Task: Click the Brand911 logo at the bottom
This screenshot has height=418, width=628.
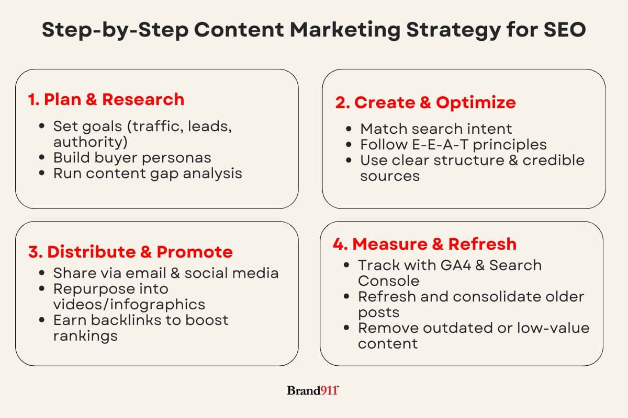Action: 313,390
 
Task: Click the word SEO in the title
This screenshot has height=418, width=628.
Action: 565,29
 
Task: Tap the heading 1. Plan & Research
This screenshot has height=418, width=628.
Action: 106,99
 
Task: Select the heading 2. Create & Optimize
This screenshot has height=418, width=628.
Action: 425,103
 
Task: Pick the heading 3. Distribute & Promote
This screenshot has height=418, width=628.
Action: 130,252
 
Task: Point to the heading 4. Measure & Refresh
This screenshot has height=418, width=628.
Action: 425,244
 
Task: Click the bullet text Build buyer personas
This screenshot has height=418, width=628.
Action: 132,158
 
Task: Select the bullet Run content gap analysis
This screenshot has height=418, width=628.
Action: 148,173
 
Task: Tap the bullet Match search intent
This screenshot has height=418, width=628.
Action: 436,129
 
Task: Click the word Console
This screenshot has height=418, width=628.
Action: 388,281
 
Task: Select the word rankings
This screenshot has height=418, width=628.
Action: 85,336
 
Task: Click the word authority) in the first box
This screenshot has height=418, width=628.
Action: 90,142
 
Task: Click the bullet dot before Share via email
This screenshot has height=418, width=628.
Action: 42,272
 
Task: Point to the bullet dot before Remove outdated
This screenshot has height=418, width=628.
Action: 346,327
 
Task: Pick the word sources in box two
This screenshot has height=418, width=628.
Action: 390,177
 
